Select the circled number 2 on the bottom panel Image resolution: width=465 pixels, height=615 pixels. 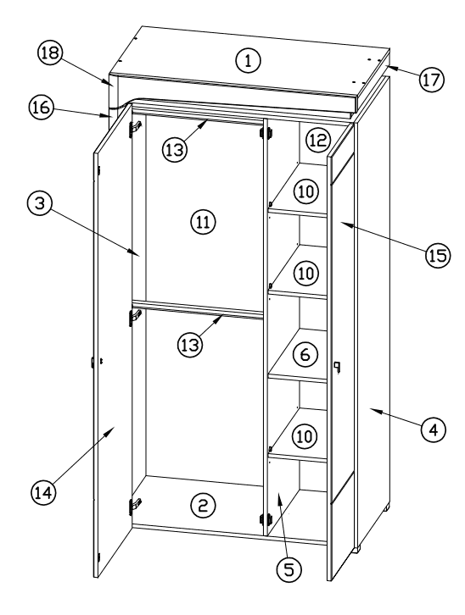pyautogui.click(x=202, y=506)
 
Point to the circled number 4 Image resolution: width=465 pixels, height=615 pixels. pyautogui.click(x=433, y=429)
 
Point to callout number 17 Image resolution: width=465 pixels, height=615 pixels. pyautogui.click(x=429, y=79)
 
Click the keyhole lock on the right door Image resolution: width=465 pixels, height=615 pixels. pyautogui.click(x=337, y=366)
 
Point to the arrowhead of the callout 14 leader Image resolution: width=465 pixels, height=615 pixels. pyautogui.click(x=114, y=428)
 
